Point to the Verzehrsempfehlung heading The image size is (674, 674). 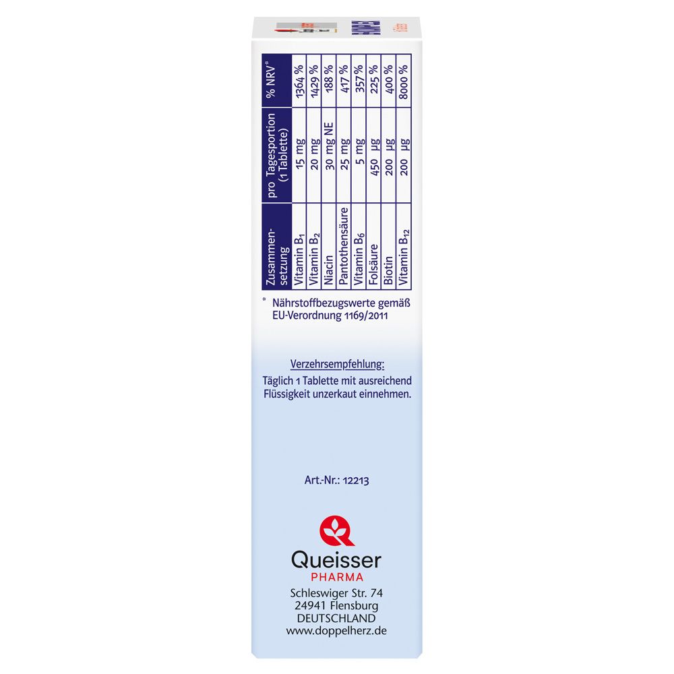tap(337, 364)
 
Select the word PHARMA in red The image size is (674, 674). tap(337, 577)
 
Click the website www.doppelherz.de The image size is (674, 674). tap(337, 631)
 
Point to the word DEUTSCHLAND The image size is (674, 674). tap(337, 618)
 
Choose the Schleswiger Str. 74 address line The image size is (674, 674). tap(337, 592)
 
